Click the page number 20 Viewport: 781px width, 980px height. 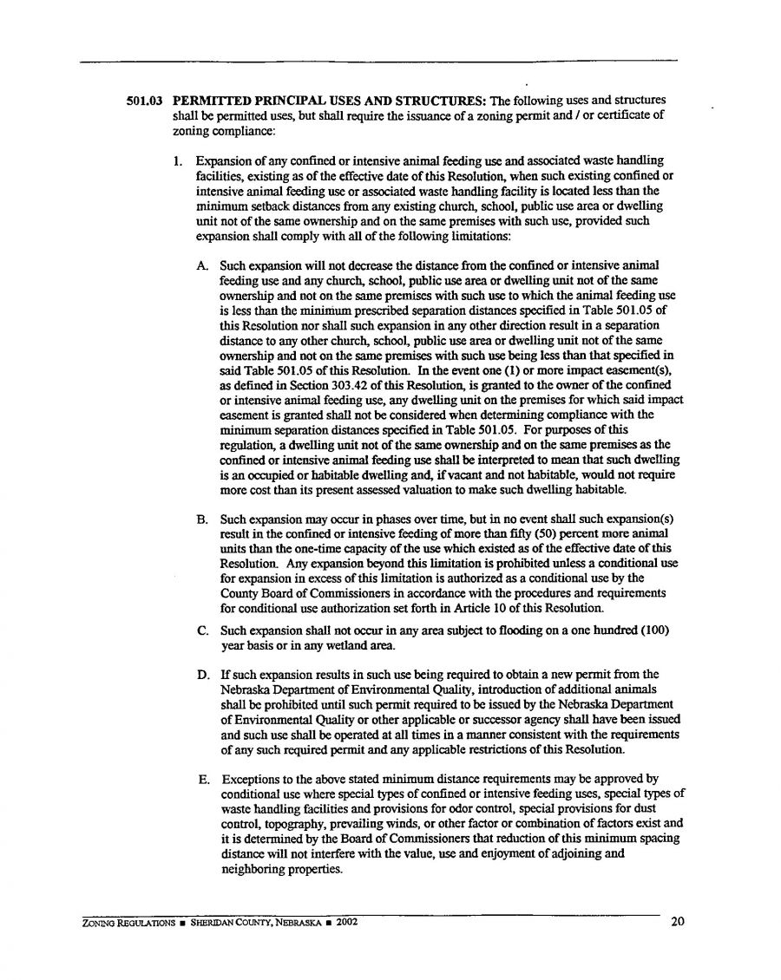click(678, 922)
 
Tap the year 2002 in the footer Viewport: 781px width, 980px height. click(343, 922)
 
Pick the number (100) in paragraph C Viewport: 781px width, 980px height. click(653, 630)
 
